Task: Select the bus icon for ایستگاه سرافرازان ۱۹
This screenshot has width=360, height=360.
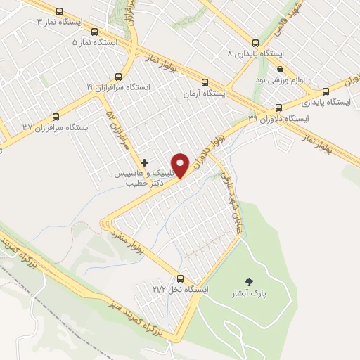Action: tap(120, 76)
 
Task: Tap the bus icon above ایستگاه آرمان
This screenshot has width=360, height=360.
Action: tap(204, 82)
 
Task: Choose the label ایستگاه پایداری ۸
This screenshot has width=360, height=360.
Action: tap(255, 53)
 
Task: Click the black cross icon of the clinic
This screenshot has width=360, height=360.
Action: tap(145, 162)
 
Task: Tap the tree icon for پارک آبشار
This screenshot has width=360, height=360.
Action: tap(245, 281)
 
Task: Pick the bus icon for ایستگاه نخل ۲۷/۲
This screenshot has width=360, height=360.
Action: tap(181, 278)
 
